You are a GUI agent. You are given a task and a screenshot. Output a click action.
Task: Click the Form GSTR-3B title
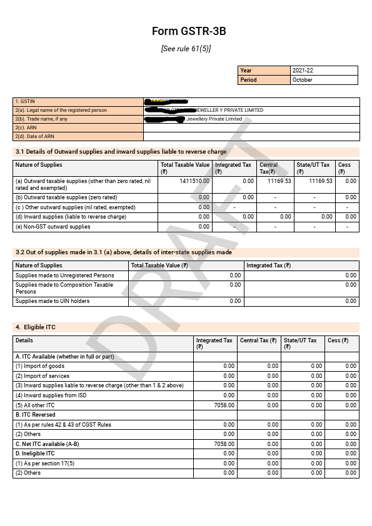[x=186, y=31]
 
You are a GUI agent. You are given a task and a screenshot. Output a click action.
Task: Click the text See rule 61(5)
[x=186, y=49]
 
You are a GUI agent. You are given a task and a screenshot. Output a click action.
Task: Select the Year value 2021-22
[x=303, y=71]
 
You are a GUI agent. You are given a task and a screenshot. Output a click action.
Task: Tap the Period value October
[x=303, y=80]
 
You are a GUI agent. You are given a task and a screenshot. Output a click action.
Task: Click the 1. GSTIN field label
[x=24, y=101]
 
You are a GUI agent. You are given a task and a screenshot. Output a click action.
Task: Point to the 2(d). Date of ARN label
[x=35, y=136]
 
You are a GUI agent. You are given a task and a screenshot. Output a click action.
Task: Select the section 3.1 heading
[x=121, y=152]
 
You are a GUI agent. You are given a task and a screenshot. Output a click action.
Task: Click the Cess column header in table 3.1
[x=344, y=166]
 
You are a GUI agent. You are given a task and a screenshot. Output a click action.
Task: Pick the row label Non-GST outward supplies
[x=53, y=227]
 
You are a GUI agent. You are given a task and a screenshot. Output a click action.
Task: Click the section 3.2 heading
[x=123, y=252]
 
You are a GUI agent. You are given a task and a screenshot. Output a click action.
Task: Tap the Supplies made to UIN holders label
[x=53, y=301]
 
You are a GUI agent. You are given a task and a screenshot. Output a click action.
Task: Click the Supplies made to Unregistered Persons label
[x=65, y=275]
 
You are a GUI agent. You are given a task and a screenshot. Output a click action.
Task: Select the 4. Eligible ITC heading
[x=36, y=327]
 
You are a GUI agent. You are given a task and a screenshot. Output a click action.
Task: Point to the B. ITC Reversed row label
[x=36, y=415]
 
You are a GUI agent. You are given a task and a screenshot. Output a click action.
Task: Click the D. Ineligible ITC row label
[x=35, y=454]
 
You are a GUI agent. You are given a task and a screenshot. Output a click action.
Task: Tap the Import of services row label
[x=43, y=376]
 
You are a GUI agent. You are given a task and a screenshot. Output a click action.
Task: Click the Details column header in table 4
[x=24, y=340]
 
